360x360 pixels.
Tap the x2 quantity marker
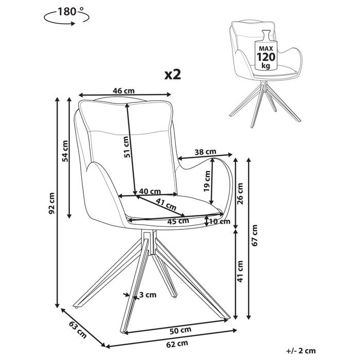[x=173, y=75]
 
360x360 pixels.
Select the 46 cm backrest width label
[x=123, y=91]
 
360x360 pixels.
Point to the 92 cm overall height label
[x=52, y=204]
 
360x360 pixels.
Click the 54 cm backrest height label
[x=65, y=151]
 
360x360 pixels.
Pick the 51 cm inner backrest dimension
[x=127, y=147]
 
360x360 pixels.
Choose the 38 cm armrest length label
[x=205, y=152]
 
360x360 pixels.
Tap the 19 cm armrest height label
[x=207, y=181]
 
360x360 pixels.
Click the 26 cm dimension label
[x=240, y=194]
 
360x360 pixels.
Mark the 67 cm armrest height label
[x=255, y=236]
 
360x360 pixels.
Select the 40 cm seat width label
[x=150, y=191]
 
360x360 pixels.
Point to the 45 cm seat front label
[x=178, y=221]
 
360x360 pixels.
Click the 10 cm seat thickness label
[x=220, y=221]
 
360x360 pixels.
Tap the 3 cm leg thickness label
[x=148, y=295]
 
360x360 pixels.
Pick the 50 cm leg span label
[x=180, y=330]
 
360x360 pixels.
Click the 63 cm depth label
[x=78, y=330]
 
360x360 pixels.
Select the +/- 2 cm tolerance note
[x=301, y=351]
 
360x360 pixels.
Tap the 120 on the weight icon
[x=266, y=57]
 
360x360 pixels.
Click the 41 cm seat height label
[x=240, y=271]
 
